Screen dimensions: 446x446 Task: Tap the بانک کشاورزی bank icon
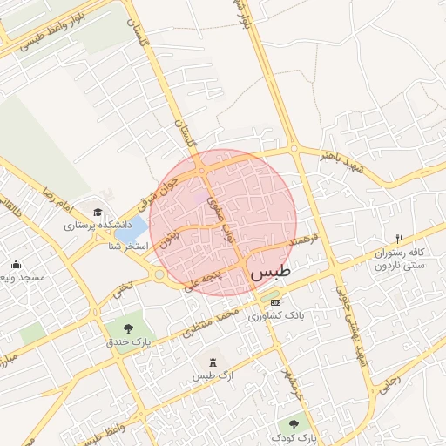coord(276,302)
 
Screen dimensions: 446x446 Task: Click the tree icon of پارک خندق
coord(129,328)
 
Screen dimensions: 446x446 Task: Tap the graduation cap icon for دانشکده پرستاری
coord(98,213)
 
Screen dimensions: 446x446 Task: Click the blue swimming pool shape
coord(132,231)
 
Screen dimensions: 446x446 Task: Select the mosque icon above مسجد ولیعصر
coord(16,265)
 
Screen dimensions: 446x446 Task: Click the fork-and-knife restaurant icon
coord(399,239)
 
